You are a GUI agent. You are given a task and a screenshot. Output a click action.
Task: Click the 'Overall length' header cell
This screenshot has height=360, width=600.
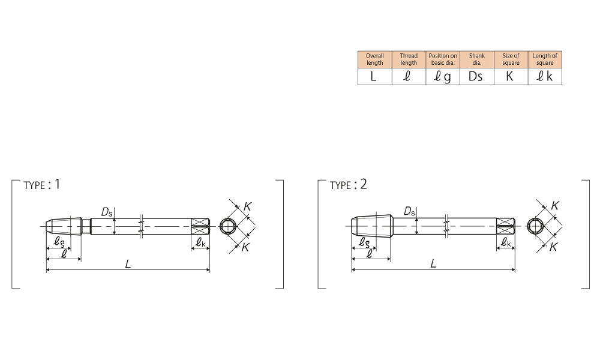pyautogui.click(x=374, y=59)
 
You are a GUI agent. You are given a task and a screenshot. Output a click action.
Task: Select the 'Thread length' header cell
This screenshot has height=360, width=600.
pyautogui.click(x=409, y=59)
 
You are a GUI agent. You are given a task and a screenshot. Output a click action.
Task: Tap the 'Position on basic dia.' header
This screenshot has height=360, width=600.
pyautogui.click(x=443, y=59)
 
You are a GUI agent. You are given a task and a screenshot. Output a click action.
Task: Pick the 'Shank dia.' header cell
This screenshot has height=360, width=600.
pyautogui.click(x=477, y=59)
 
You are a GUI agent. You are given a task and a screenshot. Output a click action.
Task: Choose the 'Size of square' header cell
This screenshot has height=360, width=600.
pyautogui.click(x=511, y=59)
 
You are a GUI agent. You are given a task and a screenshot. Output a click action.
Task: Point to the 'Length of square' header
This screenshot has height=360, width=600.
pyautogui.click(x=545, y=59)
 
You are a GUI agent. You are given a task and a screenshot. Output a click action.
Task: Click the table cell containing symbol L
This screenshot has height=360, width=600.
pyautogui.click(x=374, y=77)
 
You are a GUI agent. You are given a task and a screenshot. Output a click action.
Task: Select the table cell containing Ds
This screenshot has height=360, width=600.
pyautogui.click(x=477, y=77)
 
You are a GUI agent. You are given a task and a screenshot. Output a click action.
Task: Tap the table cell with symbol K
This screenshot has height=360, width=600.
pyautogui.click(x=511, y=77)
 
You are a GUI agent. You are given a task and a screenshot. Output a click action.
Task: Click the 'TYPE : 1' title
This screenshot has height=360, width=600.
pyautogui.click(x=42, y=185)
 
